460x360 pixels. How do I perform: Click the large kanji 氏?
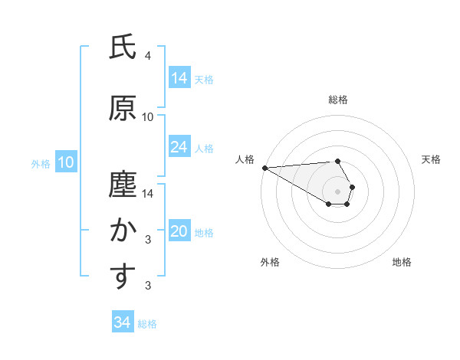tap(122, 47)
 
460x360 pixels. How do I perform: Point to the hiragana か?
tap(122, 230)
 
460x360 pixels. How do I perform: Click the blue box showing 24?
tap(179, 147)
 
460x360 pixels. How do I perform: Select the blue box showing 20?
tap(179, 231)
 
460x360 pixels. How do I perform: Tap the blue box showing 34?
tap(122, 322)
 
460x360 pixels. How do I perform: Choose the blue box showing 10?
tap(66, 162)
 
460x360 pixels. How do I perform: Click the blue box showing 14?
tap(179, 78)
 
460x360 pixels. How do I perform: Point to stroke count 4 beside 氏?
tap(147, 56)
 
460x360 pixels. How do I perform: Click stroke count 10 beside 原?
tap(147, 116)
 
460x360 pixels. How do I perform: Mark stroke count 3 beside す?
tap(147, 286)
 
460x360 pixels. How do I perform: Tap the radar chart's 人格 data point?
tap(264, 168)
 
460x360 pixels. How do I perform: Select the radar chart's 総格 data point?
tap(337, 161)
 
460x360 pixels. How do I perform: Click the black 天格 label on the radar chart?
tap(431, 159)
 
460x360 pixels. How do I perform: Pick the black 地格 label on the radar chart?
tap(402, 262)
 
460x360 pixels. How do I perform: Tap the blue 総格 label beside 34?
tap(147, 324)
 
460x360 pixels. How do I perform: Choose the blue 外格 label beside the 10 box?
tap(41, 163)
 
